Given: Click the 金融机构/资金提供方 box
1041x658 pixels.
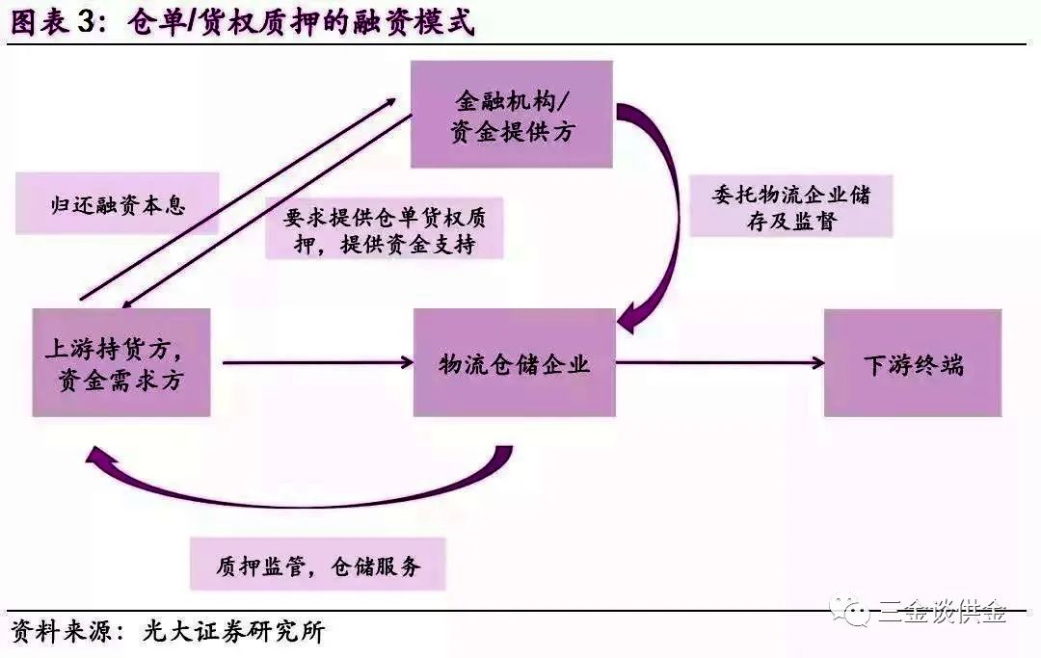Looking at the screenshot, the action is coord(511,114).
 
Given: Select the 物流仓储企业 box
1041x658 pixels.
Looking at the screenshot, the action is coord(515,362).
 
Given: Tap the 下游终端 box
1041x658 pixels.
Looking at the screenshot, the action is coord(913,363).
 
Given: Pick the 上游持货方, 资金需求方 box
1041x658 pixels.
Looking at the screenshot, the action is coord(121,362).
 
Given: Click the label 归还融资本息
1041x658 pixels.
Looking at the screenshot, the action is coord(117,203).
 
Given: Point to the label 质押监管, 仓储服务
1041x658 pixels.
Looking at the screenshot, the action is coord(317,565).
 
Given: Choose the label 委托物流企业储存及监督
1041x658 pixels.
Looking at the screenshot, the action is coord(790,206).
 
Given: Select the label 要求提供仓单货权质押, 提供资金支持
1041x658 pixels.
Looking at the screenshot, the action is coord(385,229).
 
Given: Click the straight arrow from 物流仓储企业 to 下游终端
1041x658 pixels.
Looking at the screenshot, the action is coord(720,362).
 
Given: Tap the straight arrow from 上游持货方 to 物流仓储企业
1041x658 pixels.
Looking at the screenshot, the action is coord(318,362).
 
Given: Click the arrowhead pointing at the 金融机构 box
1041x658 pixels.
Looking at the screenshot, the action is coord(387,103).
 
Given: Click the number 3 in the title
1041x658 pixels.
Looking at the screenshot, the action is coord(87,22).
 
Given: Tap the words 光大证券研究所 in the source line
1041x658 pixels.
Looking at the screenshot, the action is coord(233,631).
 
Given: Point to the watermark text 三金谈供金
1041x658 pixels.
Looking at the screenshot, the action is coord(942,611).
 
